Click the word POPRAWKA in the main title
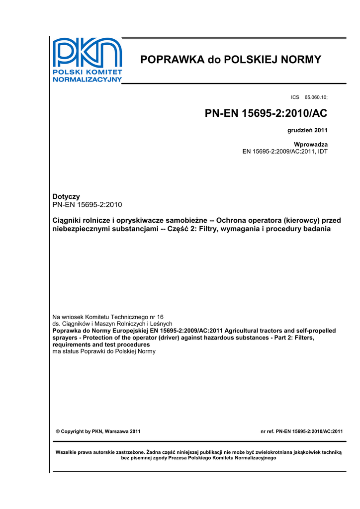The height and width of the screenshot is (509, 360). (173, 60)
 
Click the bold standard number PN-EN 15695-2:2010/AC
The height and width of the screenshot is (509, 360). (266, 114)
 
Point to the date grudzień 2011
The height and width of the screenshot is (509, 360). (307, 131)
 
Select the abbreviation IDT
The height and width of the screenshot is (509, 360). (322, 151)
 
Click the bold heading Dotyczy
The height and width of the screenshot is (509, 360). (66, 197)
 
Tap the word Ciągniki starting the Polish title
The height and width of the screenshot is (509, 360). (69, 220)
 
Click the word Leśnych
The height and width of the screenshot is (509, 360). (160, 324)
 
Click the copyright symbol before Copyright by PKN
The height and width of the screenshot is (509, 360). (58, 431)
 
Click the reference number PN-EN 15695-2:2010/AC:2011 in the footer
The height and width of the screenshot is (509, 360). (309, 431)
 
